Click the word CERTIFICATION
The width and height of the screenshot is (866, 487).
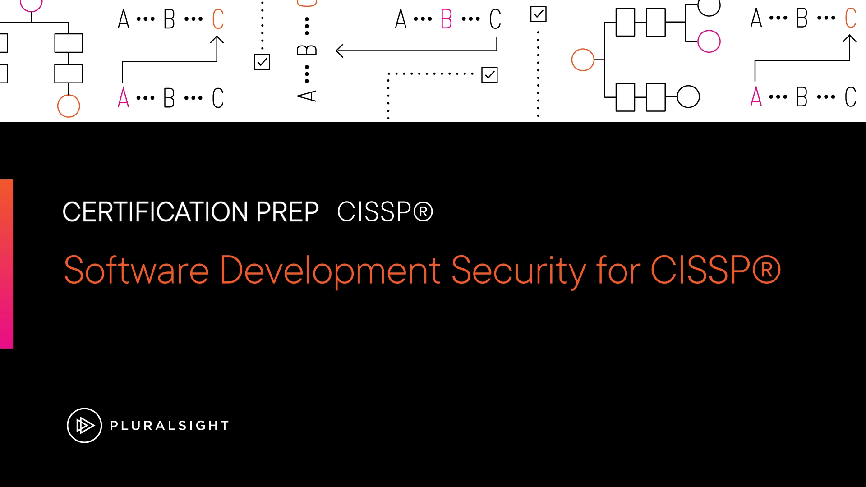(155, 212)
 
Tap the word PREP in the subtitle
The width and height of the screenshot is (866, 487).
(288, 212)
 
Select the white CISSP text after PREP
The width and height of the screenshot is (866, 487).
(385, 212)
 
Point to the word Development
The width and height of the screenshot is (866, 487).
(330, 271)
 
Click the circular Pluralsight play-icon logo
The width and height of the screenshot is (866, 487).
(84, 425)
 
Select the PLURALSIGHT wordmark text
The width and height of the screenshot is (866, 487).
(170, 425)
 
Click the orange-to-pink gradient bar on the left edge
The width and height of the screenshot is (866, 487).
(6, 264)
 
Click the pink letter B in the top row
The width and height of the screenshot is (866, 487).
(447, 19)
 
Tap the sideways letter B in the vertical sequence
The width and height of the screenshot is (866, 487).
(307, 50)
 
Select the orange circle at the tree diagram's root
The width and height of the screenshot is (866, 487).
(583, 60)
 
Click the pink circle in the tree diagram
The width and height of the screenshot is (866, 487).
(709, 41)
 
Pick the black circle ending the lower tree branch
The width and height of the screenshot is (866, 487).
(688, 96)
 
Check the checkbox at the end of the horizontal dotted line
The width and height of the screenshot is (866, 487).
(489, 75)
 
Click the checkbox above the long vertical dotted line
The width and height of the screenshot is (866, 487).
(539, 14)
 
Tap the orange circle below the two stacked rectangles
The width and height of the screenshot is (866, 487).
(69, 106)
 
